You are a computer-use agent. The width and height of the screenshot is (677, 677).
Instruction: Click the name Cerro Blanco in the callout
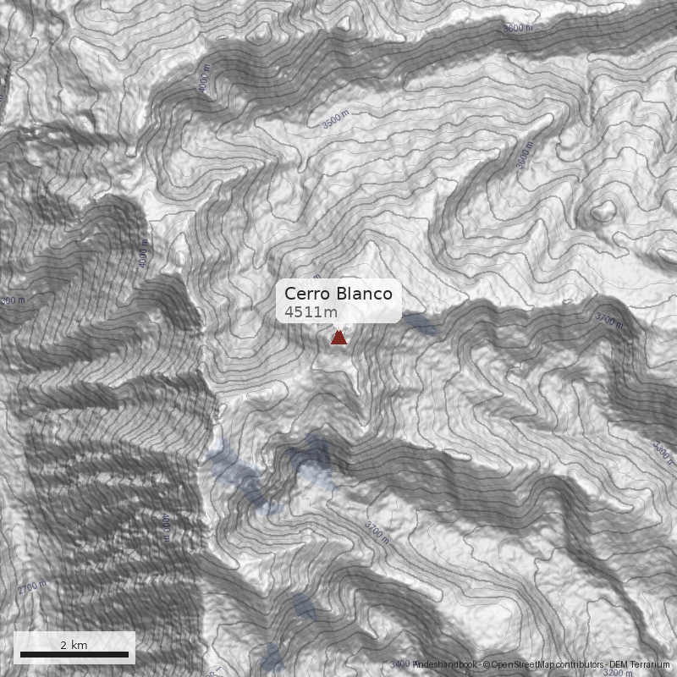pyautogui.click(x=338, y=294)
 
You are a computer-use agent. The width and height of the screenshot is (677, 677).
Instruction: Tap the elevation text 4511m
pyautogui.click(x=311, y=312)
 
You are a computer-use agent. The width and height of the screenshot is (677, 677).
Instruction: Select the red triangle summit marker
pyautogui.click(x=338, y=338)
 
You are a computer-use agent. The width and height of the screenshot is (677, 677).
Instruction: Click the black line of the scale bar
pyautogui.click(x=74, y=654)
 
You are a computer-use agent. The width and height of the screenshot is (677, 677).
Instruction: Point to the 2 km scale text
pyautogui.click(x=74, y=645)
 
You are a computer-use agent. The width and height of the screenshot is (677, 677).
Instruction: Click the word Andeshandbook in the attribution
pyautogui.click(x=445, y=665)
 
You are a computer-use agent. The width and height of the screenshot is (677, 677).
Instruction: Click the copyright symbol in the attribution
pyautogui.click(x=486, y=665)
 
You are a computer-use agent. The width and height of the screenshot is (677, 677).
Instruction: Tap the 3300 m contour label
pyautogui.click(x=663, y=452)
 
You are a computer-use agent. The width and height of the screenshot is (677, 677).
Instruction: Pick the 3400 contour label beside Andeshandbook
pyautogui.click(x=401, y=664)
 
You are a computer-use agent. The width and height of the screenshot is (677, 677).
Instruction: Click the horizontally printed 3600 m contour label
pyautogui.click(x=518, y=28)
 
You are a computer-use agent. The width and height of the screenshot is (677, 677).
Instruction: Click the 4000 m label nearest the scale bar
pyautogui.click(x=166, y=529)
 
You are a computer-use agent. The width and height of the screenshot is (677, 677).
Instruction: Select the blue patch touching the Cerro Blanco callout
pyautogui.click(x=418, y=322)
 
